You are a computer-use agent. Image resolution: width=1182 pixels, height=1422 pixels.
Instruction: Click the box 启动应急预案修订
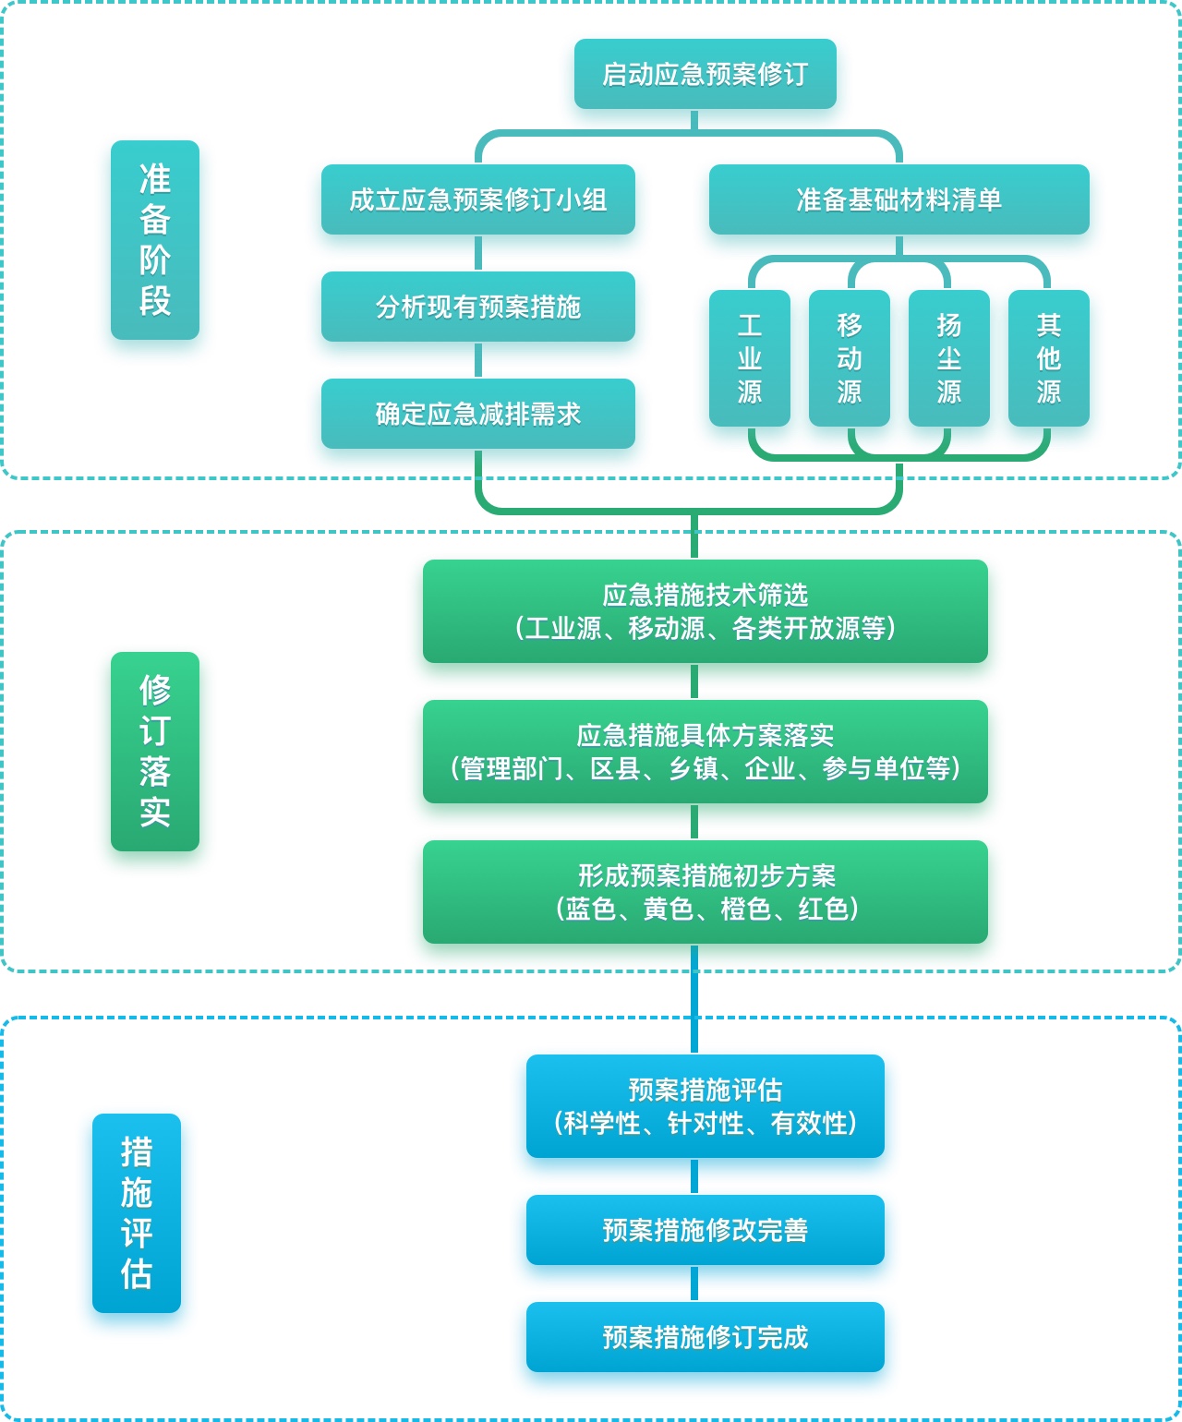(x=705, y=74)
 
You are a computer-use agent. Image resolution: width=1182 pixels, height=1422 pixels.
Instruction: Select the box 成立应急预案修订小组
(x=477, y=199)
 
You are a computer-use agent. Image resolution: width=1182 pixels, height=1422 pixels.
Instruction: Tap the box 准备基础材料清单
(x=899, y=199)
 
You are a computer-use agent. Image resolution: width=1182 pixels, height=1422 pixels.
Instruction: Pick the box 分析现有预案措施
(x=477, y=307)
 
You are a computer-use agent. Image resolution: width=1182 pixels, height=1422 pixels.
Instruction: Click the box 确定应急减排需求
(x=477, y=414)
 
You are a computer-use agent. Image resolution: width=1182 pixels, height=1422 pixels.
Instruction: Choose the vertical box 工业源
(x=749, y=358)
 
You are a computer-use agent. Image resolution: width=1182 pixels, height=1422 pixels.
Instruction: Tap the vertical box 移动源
(x=849, y=358)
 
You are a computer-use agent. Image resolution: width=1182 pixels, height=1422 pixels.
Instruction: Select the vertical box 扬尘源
(x=948, y=358)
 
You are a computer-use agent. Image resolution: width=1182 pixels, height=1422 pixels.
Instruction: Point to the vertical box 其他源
(x=1048, y=358)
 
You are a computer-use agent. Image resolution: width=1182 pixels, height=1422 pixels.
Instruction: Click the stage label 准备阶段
(x=155, y=240)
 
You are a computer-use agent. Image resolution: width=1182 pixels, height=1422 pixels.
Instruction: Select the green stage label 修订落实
(x=155, y=751)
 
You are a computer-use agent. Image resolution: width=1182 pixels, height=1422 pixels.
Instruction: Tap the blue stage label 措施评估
(x=137, y=1212)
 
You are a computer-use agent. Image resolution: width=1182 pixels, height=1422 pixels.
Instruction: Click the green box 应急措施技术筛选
(x=705, y=611)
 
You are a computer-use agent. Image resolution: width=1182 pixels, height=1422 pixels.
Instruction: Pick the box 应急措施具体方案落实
(x=705, y=752)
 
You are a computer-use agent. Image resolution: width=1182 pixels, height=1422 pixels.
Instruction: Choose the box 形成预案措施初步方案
(x=705, y=892)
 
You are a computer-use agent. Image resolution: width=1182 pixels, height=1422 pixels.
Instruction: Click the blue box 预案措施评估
(x=705, y=1106)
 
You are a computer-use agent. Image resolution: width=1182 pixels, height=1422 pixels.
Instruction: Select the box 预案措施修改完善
(x=705, y=1230)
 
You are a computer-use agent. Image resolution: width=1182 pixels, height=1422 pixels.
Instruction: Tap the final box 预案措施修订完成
(x=705, y=1337)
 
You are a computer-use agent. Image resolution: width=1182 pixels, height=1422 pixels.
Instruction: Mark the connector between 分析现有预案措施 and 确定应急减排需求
(x=478, y=360)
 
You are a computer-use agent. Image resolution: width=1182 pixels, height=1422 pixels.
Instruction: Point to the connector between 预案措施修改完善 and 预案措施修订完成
(x=694, y=1283)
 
